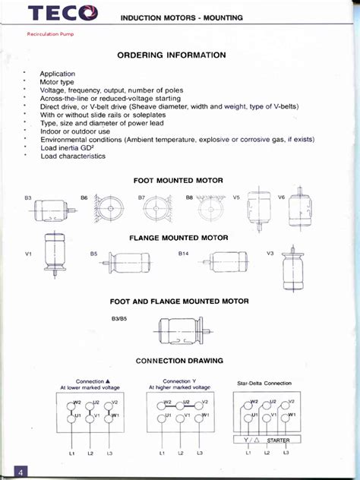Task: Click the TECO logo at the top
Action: [x=63, y=12]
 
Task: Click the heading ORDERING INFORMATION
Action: [x=171, y=55]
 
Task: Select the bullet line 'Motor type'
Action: [x=60, y=81]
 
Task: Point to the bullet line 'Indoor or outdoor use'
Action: [x=75, y=131]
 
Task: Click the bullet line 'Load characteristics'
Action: [x=73, y=156]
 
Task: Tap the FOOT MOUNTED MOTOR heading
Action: [x=178, y=181]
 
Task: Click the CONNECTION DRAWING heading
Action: [x=179, y=360]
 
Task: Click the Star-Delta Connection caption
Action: [x=264, y=384]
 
